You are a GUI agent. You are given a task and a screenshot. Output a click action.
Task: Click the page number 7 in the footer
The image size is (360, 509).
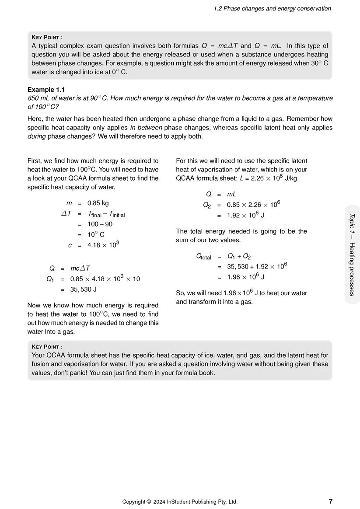tap(330, 501)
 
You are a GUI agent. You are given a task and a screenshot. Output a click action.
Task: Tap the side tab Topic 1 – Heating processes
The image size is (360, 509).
tap(352, 254)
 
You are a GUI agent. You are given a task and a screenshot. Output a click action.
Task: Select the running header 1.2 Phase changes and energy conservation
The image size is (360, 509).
tap(272, 8)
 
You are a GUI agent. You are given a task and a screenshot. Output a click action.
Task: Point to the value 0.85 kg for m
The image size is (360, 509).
tap(98, 203)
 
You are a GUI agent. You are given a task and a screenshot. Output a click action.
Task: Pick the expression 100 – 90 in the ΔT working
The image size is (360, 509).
tap(100, 224)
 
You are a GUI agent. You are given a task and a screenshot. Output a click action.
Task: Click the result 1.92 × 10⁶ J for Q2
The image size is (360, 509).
tap(245, 215)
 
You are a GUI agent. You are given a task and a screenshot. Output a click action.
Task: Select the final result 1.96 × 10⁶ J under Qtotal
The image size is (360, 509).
tap(245, 277)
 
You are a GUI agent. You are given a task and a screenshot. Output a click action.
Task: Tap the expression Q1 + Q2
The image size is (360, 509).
tap(239, 256)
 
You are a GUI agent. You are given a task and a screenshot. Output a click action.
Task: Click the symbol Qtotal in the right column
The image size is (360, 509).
tap(203, 257)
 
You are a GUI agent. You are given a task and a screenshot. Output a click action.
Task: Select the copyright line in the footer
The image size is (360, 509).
tap(180, 502)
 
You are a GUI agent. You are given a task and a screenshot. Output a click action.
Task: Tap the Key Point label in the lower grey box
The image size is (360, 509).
tap(47, 347)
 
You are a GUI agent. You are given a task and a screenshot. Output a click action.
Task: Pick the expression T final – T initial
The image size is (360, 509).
tap(106, 214)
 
